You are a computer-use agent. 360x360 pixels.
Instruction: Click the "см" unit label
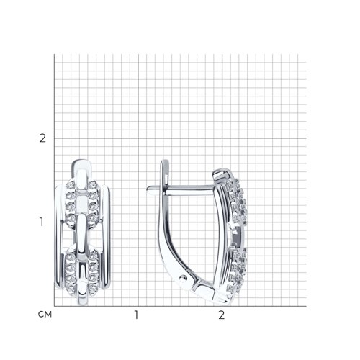point(45,315)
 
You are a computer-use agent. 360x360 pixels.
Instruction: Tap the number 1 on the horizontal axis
point(137,315)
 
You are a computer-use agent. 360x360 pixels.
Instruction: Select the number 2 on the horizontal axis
point(221,315)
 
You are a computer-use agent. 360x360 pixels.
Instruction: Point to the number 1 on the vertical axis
point(42,222)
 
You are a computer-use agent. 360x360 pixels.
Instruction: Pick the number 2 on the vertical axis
point(42,138)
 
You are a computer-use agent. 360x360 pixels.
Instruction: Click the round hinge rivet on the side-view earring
point(184,278)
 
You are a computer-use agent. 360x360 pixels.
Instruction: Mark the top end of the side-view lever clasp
point(165,161)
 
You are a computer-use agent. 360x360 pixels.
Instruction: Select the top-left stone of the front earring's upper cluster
point(71,185)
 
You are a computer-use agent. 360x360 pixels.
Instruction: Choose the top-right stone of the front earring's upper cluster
point(92,185)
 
